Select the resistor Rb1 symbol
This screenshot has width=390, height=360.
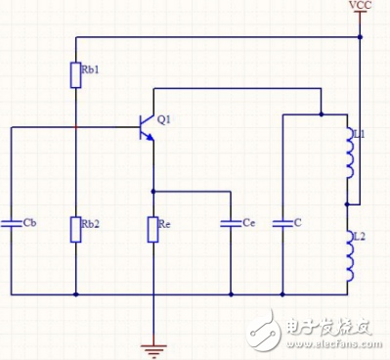pos(75,75)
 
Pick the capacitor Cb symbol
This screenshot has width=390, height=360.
pos(11,222)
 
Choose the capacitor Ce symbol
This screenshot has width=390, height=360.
pos(231,222)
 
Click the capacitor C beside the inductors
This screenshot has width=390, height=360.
pos(282,222)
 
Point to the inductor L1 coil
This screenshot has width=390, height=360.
pos(349,154)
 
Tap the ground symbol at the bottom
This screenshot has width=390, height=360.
pos(152,343)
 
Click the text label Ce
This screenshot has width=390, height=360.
pos(249,222)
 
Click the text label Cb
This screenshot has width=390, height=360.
pos(29,222)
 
